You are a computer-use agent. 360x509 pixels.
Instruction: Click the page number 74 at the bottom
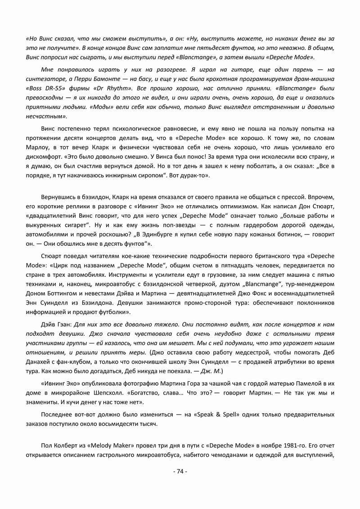click(180, 471)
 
